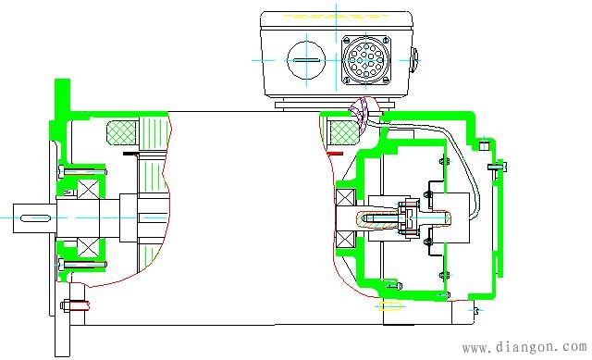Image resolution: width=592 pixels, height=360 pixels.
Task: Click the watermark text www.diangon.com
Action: pos(524,347)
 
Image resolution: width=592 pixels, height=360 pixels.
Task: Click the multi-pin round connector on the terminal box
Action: pos(366,59)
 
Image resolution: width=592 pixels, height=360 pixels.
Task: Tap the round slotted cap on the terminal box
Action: pos(306,60)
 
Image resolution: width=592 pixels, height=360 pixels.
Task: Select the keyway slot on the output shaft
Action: pos(35,218)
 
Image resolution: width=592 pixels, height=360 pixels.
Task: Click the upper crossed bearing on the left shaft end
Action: pos(89,188)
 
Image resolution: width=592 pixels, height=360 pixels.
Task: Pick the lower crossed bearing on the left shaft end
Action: pos(89,248)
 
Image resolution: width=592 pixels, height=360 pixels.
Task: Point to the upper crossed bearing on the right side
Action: pos(346,198)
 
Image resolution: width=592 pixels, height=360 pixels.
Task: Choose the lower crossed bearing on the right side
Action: pos(346,240)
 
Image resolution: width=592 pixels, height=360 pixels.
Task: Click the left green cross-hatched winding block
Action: pos(122,132)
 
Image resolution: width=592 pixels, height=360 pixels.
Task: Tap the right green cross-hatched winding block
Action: pos(344,132)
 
